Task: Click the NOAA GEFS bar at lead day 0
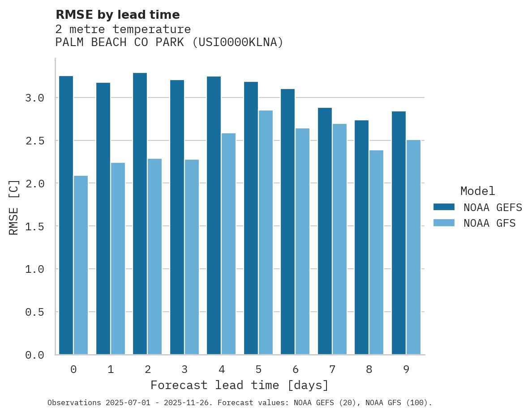pos(66,215)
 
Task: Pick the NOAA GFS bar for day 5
pos(266,233)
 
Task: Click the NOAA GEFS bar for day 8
pos(361,237)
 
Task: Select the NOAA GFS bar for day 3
pos(192,257)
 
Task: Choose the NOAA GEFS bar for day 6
pos(287,222)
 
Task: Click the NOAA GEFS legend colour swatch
pos(444,207)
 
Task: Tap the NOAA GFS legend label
pos(489,223)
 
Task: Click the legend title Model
pos(477,191)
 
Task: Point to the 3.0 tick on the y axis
pos(34,98)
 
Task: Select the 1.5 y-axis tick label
pos(34,226)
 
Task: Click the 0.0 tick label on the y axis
pos(34,355)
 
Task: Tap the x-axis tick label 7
pos(332,369)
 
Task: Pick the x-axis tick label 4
pos(221,369)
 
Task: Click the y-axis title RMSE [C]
pos(14,207)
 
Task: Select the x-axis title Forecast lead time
pos(240,385)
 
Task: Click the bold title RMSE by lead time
pos(117,15)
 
